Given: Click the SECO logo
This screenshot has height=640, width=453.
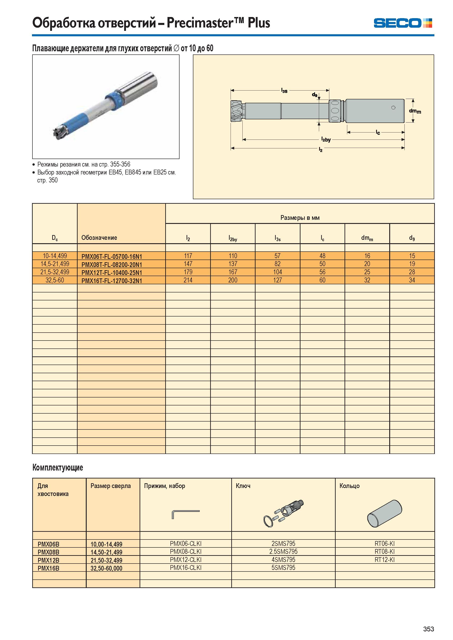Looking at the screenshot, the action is click(403, 23).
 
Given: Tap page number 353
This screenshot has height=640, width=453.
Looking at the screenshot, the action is click(428, 629).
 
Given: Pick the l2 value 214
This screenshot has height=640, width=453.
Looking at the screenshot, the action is click(188, 280).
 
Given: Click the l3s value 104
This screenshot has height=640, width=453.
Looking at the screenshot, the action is click(278, 272).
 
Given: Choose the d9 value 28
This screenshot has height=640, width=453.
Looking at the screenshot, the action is click(412, 272).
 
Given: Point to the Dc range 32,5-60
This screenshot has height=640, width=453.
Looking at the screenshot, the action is click(55, 280).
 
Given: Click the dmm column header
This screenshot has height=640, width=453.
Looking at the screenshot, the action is click(367, 238).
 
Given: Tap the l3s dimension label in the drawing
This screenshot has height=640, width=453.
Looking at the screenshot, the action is click(284, 91).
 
